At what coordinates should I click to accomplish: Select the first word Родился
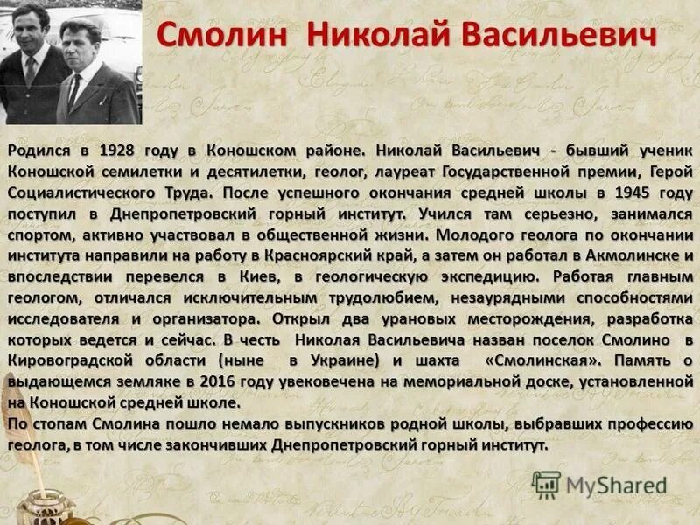pyautogui.click(x=38, y=150)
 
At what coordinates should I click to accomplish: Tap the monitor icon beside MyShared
pyautogui.click(x=546, y=485)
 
